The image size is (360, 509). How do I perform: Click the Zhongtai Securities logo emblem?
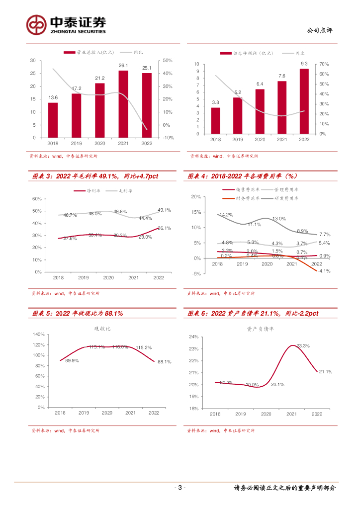(37, 24)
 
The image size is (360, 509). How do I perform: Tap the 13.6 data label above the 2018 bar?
(53, 97)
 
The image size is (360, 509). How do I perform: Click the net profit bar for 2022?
(304, 101)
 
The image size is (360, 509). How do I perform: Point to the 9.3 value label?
(304, 64)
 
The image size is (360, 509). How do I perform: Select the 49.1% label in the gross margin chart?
(164, 210)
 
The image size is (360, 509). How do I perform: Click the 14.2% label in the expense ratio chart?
(226, 215)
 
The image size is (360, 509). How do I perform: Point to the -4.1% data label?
(324, 271)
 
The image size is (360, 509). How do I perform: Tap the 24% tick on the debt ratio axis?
(193, 337)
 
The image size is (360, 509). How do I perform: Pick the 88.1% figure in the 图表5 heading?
(112, 314)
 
